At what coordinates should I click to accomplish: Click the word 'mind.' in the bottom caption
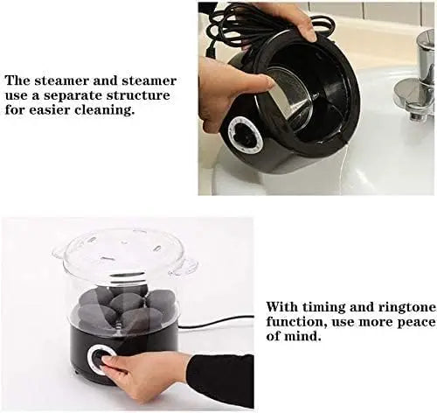[302, 337]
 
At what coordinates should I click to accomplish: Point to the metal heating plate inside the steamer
[290, 98]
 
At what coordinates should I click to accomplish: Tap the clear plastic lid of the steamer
[124, 251]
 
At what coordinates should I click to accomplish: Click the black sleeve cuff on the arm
[220, 379]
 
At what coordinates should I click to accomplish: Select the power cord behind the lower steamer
[215, 322]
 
